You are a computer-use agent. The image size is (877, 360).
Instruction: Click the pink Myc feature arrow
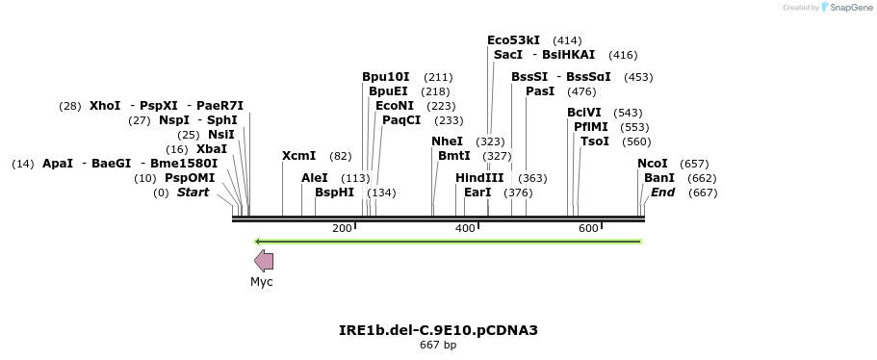click(x=263, y=261)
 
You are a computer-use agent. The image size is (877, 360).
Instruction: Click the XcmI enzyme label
click(x=298, y=155)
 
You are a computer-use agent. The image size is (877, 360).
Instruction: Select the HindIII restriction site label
click(x=479, y=178)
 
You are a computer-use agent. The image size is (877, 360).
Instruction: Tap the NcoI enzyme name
click(x=653, y=164)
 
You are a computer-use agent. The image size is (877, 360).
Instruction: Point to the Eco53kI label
click(x=513, y=40)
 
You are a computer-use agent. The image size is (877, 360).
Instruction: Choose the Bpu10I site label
click(x=386, y=77)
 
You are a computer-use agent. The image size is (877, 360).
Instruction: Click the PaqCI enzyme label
click(x=401, y=120)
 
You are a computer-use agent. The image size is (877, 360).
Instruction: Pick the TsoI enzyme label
click(x=595, y=141)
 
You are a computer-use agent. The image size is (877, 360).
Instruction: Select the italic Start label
click(x=193, y=193)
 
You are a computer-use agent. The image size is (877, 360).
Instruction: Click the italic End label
click(x=663, y=193)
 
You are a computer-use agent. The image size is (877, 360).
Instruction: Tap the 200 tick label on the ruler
click(x=342, y=228)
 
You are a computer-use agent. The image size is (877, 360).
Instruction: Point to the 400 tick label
click(x=465, y=228)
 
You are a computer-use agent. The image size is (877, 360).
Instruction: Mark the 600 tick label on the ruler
click(x=588, y=228)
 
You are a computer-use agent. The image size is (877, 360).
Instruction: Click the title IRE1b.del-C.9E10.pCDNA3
click(x=438, y=330)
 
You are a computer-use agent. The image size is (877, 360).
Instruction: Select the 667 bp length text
click(x=438, y=345)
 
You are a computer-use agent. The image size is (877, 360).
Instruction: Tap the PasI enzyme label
click(x=540, y=91)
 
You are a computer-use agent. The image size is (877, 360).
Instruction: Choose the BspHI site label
click(x=335, y=193)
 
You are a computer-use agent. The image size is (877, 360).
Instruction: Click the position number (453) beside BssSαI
click(x=638, y=77)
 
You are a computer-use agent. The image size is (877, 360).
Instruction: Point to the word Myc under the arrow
click(x=262, y=282)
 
